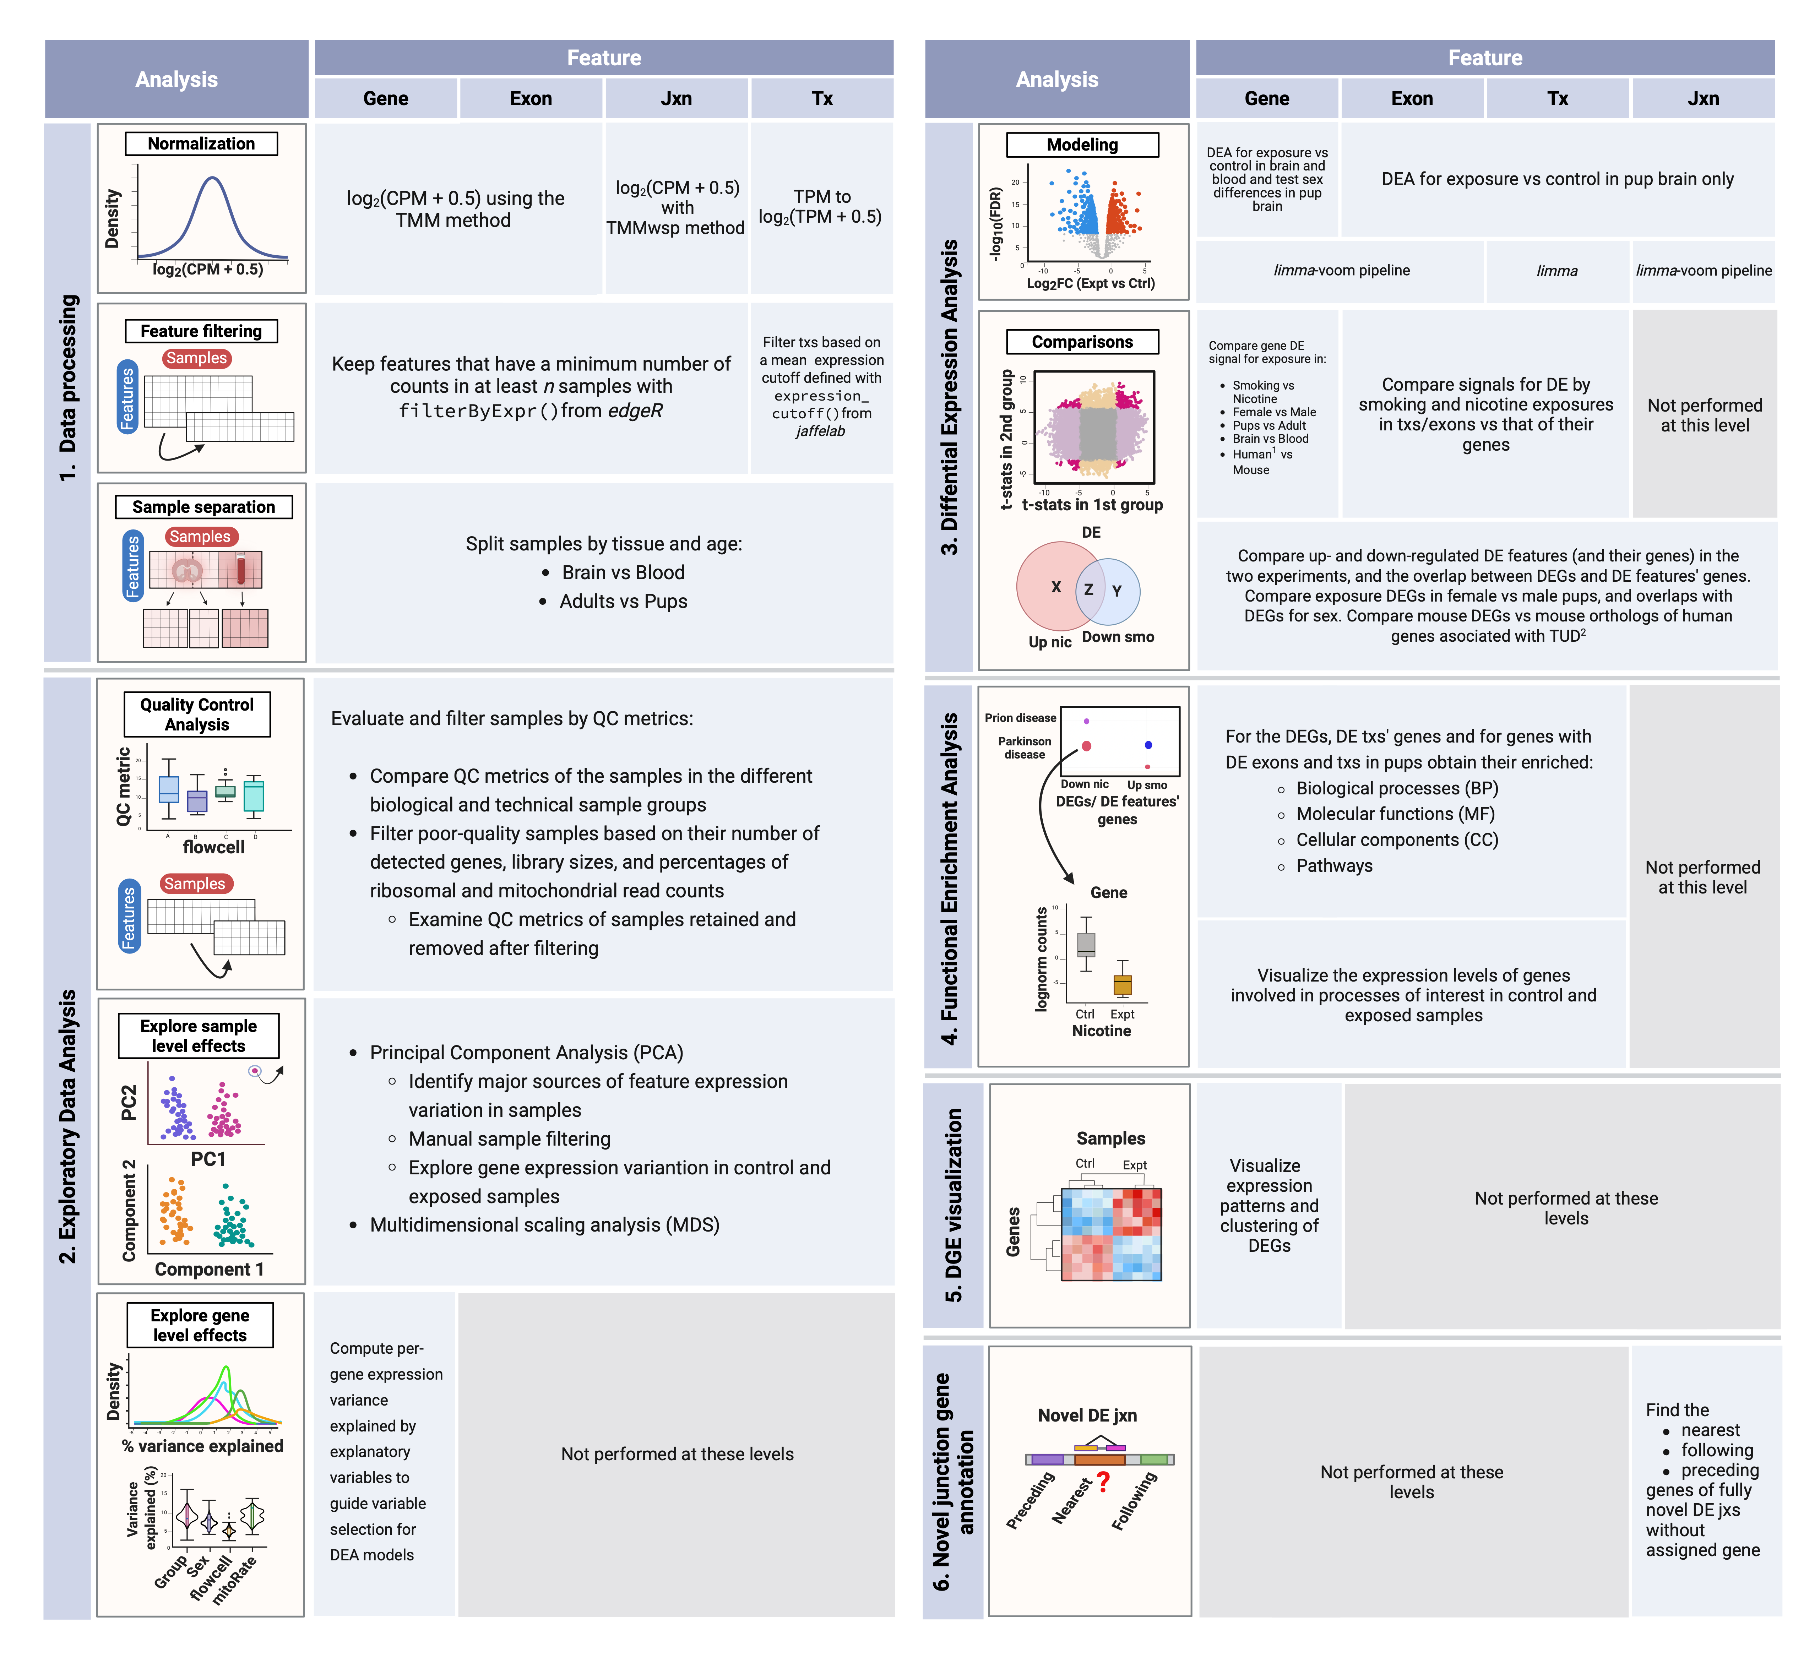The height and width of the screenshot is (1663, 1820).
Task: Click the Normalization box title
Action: [201, 143]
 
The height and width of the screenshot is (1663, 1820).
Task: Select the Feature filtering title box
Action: [201, 331]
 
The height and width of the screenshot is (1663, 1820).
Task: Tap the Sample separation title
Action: [204, 506]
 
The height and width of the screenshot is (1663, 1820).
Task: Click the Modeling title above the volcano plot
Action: [1082, 145]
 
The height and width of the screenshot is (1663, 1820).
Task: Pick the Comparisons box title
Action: [1082, 341]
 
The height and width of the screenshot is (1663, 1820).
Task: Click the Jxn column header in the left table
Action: [676, 98]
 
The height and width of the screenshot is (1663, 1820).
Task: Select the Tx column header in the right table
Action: [1557, 98]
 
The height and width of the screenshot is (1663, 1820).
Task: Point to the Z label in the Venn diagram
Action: [1089, 589]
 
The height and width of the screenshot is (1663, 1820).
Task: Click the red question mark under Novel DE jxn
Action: [1103, 1482]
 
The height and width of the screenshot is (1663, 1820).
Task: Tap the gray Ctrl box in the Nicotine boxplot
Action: [1086, 944]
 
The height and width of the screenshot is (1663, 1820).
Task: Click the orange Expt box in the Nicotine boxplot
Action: [1122, 984]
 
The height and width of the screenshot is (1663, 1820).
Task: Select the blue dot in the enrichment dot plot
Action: [1148, 745]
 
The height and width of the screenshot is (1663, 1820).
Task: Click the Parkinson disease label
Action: [1025, 748]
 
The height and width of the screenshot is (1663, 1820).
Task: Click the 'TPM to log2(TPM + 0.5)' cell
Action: [821, 207]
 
